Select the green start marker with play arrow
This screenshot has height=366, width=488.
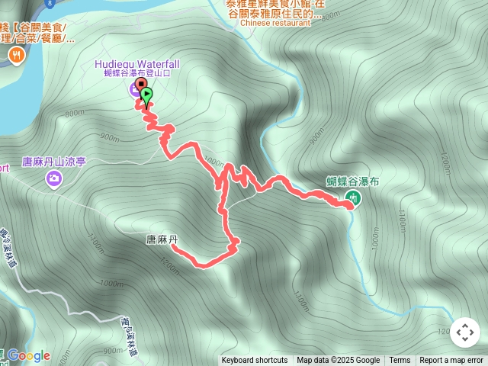point(146,95)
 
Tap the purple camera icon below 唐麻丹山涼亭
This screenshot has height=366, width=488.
point(54,179)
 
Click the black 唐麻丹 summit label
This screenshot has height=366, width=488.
point(162,239)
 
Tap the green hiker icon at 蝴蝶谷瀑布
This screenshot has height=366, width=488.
point(352,198)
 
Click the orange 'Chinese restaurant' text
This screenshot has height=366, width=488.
point(275,23)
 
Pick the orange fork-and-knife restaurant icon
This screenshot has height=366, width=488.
point(16,55)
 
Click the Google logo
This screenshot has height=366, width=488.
point(29,355)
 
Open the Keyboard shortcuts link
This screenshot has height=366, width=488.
point(255,361)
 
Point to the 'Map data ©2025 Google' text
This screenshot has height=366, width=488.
point(338,361)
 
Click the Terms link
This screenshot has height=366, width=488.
point(400,361)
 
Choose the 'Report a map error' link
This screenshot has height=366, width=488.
point(451,361)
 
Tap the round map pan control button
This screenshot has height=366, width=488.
point(465,332)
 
